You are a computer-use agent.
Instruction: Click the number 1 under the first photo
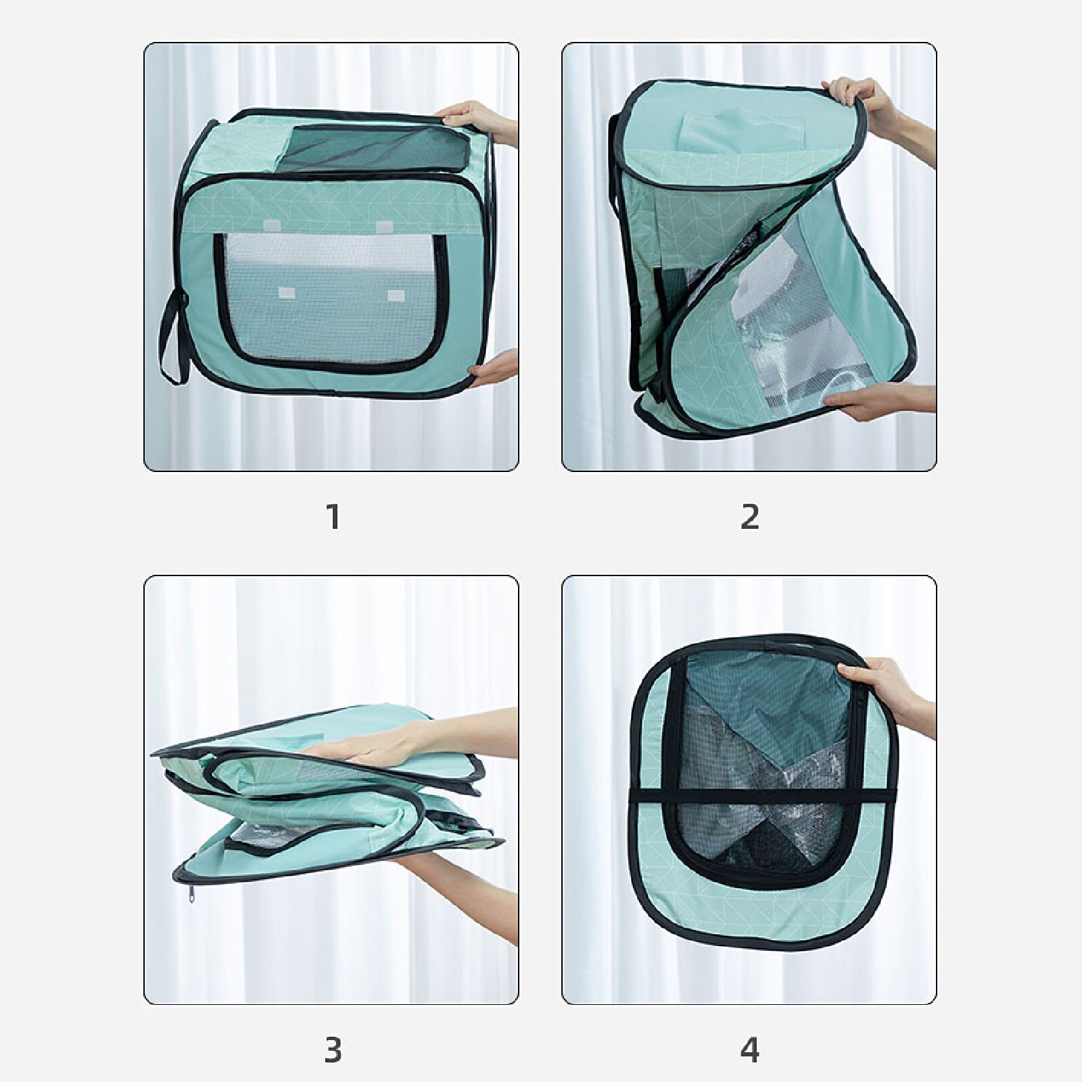tap(333, 517)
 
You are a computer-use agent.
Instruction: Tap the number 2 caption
tap(750, 517)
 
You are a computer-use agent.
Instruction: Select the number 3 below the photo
tap(333, 1050)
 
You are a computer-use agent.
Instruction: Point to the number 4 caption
tap(750, 1050)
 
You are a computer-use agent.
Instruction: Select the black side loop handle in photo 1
tap(170, 338)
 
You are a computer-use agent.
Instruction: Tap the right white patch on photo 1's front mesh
tap(396, 296)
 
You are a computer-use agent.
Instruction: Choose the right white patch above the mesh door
tap(385, 227)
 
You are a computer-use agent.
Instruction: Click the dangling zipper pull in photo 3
tap(191, 895)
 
